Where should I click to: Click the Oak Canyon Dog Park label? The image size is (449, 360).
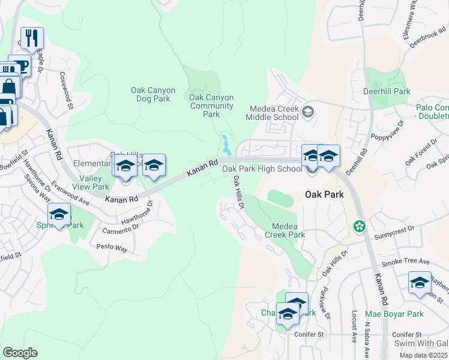[x=153, y=94]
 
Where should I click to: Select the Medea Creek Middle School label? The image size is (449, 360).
[x=274, y=113]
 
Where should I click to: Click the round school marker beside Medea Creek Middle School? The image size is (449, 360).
[x=308, y=112]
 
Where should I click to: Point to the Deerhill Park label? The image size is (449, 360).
[x=387, y=92]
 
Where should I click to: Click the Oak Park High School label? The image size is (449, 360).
[x=262, y=169]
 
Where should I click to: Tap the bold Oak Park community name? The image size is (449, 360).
[x=324, y=194]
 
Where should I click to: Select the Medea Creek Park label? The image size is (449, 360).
[x=285, y=230]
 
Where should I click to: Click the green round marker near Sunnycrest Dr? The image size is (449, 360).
[x=360, y=226]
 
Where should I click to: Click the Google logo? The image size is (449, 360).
[x=20, y=353]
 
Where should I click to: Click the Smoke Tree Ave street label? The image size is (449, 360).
[x=408, y=262]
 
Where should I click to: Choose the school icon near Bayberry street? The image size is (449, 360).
[x=419, y=283]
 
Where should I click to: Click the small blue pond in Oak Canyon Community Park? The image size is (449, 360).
[x=226, y=145]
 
